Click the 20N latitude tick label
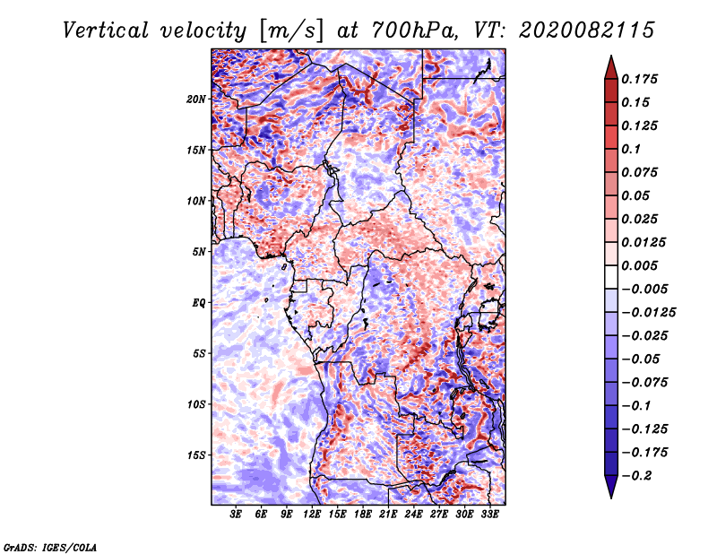click(x=196, y=99)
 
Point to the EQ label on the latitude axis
click(x=199, y=303)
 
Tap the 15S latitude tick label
click(x=196, y=455)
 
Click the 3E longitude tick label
click(x=237, y=515)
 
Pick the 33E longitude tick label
click(x=489, y=515)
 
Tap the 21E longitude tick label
click(x=388, y=515)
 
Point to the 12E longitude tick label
click(x=312, y=515)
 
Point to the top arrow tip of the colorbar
click(x=609, y=57)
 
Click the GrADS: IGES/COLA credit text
click(x=50, y=546)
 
